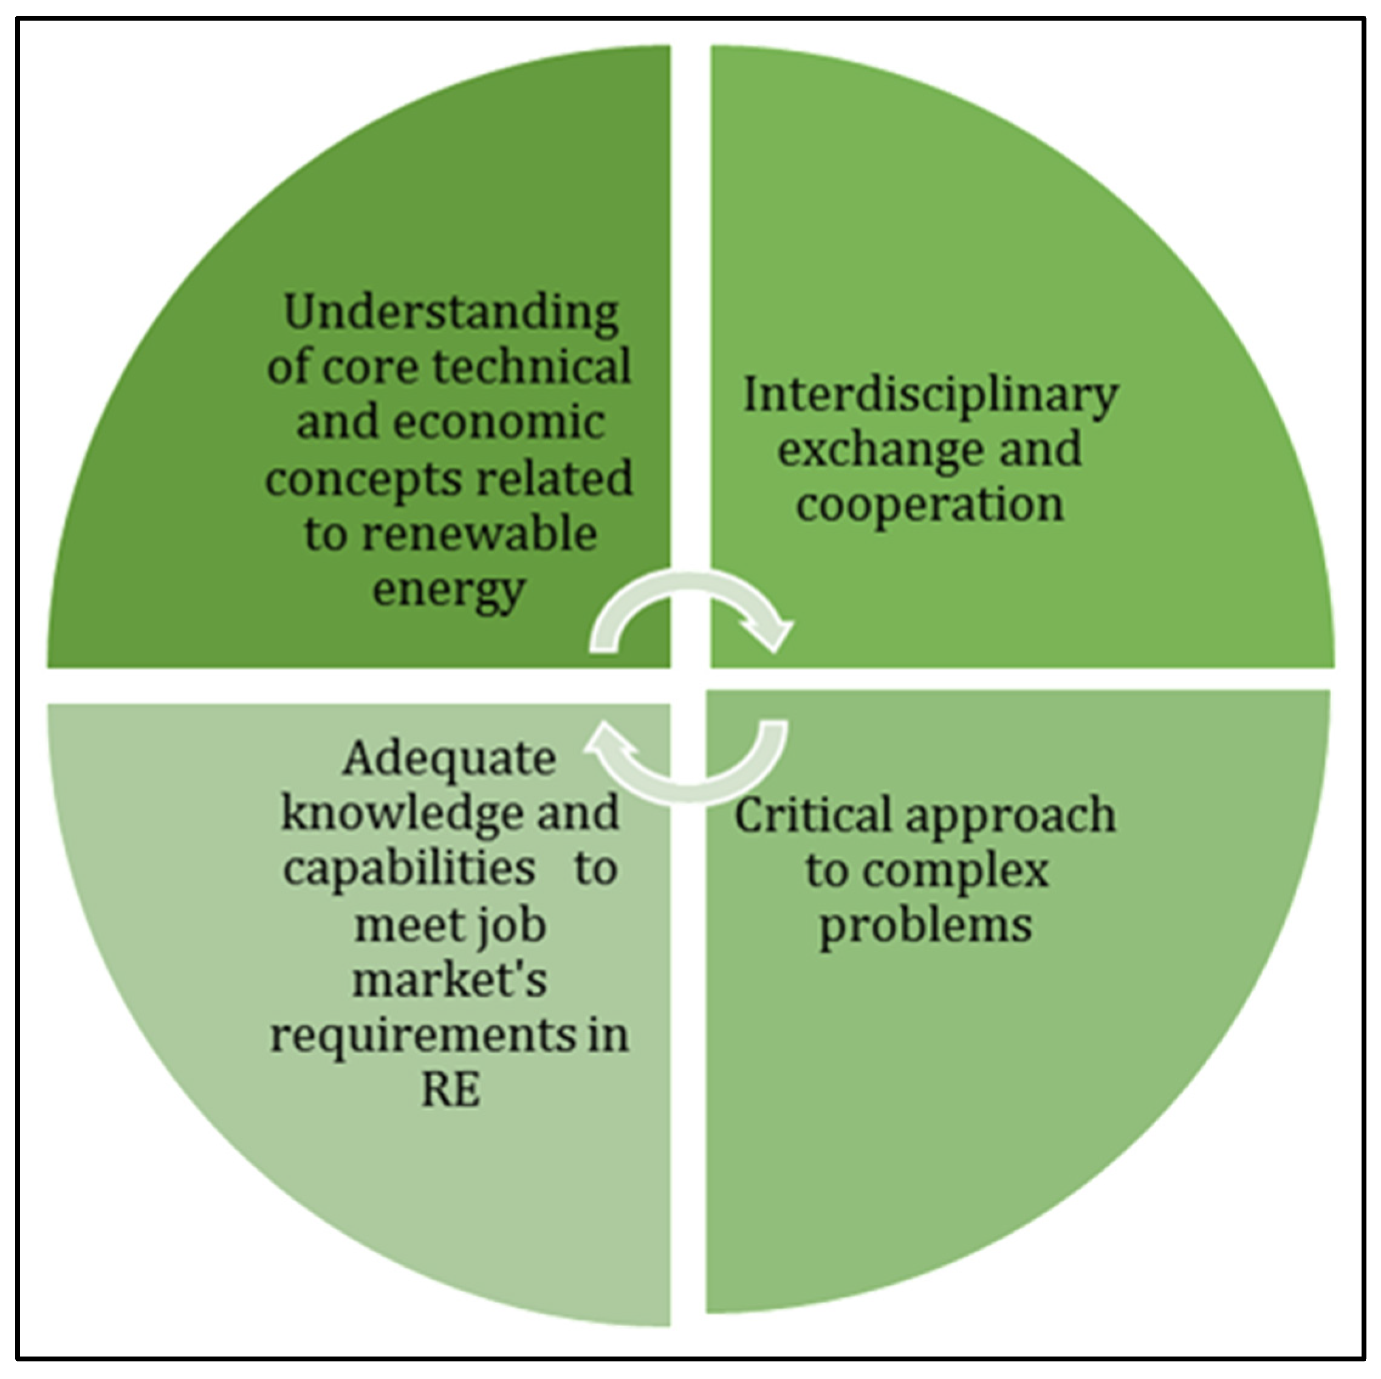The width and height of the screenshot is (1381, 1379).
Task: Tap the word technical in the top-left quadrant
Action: point(532,368)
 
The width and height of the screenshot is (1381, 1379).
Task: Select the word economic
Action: point(499,422)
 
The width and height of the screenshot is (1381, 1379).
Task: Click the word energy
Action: point(449,590)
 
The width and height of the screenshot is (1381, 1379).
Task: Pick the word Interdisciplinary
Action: point(930,396)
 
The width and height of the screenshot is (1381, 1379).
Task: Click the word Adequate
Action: point(449,759)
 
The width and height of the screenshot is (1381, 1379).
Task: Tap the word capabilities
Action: point(409,869)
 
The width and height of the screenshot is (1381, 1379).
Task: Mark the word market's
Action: point(449,981)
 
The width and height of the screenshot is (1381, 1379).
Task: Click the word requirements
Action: point(422,1036)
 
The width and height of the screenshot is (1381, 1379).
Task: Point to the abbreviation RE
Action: point(450,1091)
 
